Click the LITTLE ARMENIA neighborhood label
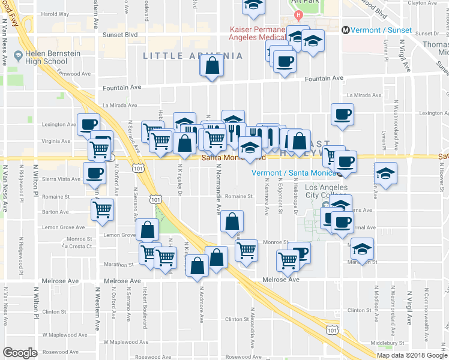[193, 56]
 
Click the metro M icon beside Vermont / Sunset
[345, 30]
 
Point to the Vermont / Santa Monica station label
[294, 173]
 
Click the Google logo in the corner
[20, 352]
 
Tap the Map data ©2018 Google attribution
[412, 355]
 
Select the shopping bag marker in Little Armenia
[212, 66]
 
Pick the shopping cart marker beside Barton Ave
[103, 210]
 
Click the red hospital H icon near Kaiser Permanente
[298, 14]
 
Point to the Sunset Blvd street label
[119, 35]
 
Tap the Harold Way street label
[55, 13]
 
